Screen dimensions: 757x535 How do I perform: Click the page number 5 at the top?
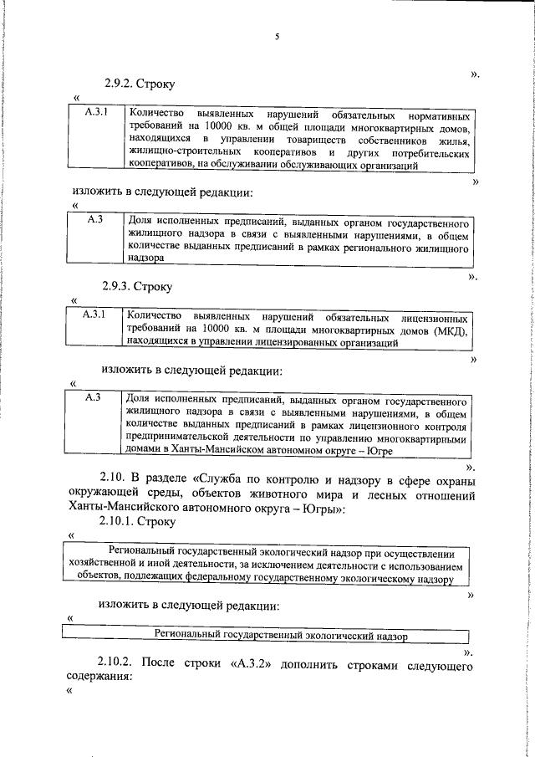[277, 35]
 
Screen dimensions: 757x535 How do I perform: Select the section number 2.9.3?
[119, 287]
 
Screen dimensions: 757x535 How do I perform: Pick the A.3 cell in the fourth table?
[94, 398]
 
